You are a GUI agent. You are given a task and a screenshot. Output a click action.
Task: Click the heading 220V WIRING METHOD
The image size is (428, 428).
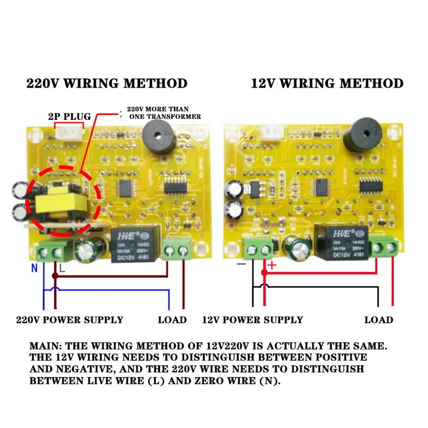pyautogui.click(x=107, y=83)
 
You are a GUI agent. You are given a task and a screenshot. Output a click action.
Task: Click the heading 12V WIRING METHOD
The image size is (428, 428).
pyautogui.click(x=327, y=83)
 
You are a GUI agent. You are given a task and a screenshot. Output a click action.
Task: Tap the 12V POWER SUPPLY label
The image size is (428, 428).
pyautogui.click(x=253, y=320)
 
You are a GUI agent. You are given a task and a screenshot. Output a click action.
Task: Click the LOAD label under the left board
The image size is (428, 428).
pyautogui.click(x=172, y=320)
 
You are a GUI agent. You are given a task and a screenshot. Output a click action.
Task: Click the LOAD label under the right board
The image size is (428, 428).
pyautogui.click(x=379, y=320)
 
